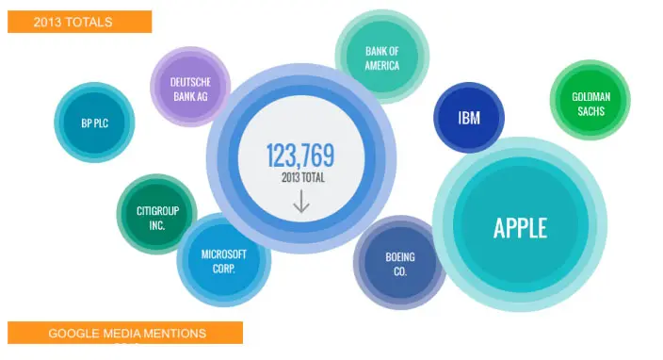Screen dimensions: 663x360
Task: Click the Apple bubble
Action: [520, 224]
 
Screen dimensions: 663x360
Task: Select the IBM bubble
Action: [469, 118]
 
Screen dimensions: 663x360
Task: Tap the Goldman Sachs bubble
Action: [590, 100]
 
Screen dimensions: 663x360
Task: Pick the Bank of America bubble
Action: [382, 57]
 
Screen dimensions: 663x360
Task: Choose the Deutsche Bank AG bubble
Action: [190, 87]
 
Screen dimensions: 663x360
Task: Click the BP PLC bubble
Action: [94, 123]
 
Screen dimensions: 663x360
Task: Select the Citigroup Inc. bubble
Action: [157, 214]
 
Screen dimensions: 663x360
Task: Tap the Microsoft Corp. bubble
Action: [224, 260]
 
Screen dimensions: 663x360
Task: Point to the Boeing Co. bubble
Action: [399, 262]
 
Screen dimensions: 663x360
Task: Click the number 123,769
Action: [300, 155]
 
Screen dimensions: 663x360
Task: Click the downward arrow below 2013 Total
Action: [301, 201]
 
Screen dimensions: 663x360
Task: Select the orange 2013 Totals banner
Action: [79, 22]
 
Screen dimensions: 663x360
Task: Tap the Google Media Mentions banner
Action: [125, 333]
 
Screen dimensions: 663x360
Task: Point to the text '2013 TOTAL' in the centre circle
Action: [303, 177]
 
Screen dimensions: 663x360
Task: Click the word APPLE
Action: [520, 227]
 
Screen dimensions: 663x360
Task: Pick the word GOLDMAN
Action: [590, 97]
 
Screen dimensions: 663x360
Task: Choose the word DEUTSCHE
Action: [190, 82]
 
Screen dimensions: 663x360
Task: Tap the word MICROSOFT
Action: [224, 254]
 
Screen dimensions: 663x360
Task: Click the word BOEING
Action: [400, 256]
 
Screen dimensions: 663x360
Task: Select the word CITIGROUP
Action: [157, 211]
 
